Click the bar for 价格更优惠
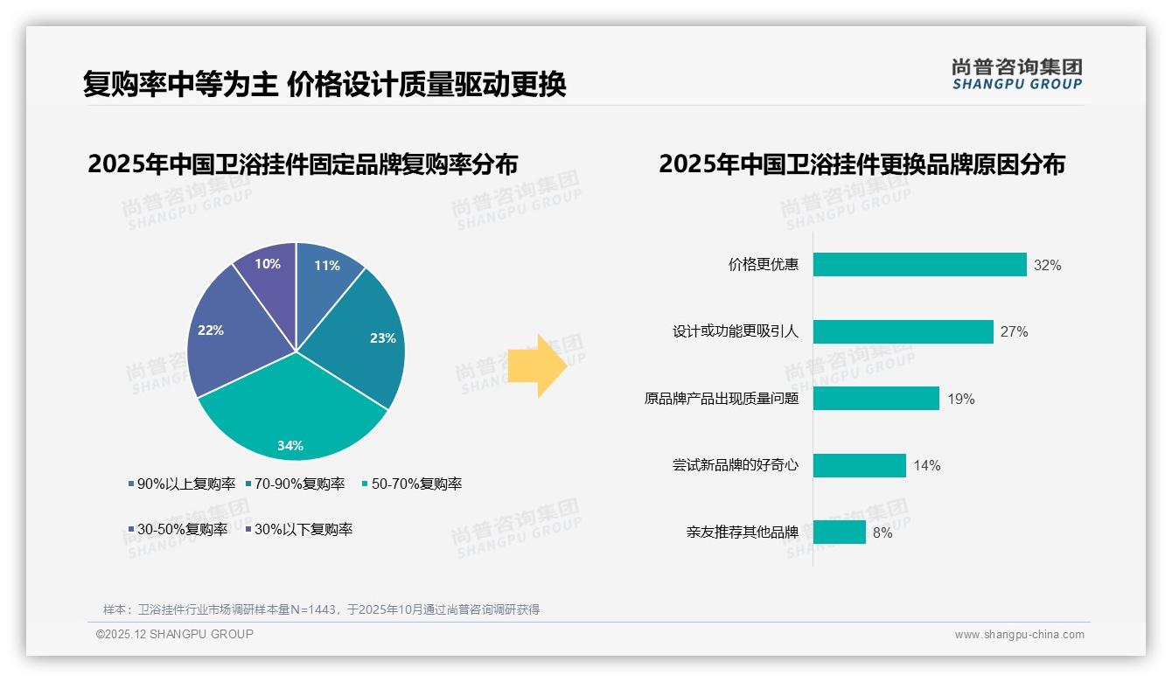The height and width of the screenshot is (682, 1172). tap(919, 265)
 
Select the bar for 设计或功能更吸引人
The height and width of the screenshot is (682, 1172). tap(903, 331)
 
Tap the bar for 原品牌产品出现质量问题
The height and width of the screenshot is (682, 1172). tap(876, 399)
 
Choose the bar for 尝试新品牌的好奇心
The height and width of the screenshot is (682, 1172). tap(859, 465)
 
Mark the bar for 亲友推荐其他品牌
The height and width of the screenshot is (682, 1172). tap(839, 532)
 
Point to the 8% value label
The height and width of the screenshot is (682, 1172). tap(882, 532)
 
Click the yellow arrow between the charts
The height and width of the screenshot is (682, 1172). tap(537, 365)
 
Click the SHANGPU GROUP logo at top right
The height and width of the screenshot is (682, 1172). tap(1016, 74)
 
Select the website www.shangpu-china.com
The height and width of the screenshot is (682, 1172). tap(1019, 635)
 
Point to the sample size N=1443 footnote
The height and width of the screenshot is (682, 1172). tap(321, 609)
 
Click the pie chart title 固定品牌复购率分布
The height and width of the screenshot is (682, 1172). tap(303, 164)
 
